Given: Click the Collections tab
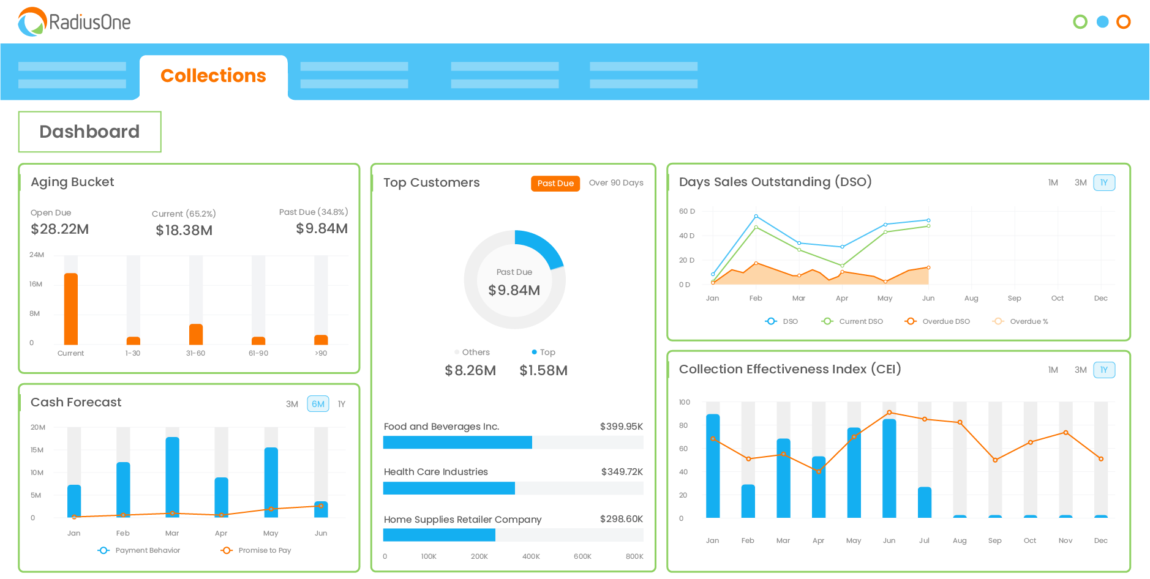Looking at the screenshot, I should pos(213,76).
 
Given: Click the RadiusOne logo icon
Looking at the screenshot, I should pos(32,22).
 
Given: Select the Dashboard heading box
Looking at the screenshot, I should pos(89,132).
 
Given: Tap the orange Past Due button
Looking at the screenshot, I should pos(555,183).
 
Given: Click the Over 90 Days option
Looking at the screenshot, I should pos(615,183).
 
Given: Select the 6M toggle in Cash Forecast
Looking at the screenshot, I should pos(318,404).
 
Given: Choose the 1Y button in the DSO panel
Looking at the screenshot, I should pos(1103,182).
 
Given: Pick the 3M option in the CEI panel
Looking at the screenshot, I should pos(1080,370).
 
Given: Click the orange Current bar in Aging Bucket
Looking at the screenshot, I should pos(71,309).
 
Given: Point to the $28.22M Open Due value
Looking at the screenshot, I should pos(60,229).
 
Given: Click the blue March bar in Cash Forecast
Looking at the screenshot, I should pos(173,477).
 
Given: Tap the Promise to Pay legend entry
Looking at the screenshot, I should pos(257,550).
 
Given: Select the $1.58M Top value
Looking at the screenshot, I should pos(543,370).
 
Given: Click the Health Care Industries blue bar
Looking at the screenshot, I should pos(449,488).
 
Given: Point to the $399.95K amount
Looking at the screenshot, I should pos(621,426).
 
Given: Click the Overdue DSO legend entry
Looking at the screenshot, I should pos(938,321).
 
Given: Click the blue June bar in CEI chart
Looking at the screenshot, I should pos(889,468).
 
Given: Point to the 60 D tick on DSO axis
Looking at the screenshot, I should pos(686,211).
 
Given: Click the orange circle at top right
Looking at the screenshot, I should pos(1123,22).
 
